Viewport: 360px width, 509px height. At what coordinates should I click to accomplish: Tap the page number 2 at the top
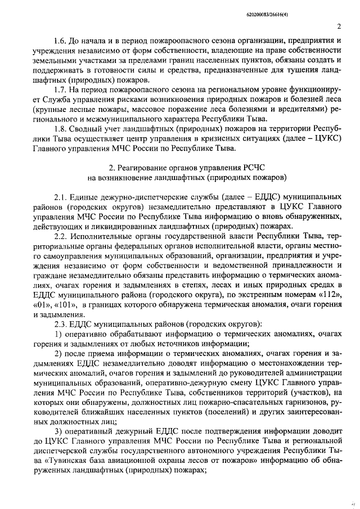[x=339, y=26]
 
